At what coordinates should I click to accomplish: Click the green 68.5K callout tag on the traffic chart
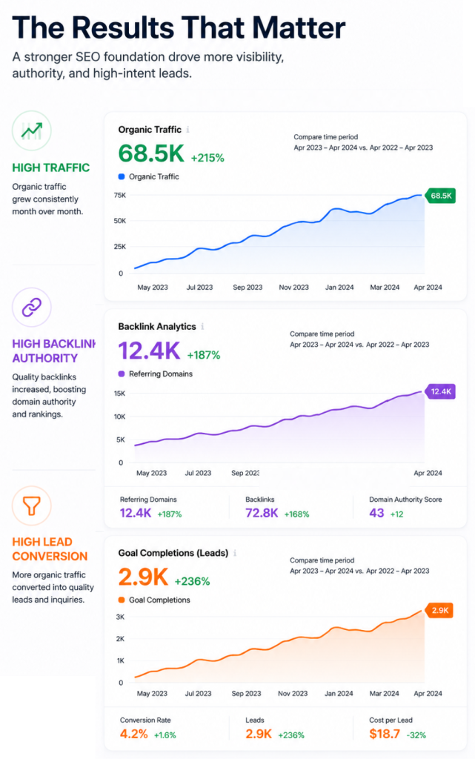point(440,196)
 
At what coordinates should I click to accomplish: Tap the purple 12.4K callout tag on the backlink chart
point(440,391)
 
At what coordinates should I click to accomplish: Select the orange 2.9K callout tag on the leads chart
point(439,610)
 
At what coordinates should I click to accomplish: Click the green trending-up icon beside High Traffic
point(31,130)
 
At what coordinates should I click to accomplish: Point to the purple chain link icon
point(32,307)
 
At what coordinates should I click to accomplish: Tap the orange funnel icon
point(32,506)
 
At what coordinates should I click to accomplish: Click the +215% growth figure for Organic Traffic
point(207,158)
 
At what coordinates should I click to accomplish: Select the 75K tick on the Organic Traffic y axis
point(119,195)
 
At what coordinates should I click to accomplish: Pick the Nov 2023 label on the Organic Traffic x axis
point(293,287)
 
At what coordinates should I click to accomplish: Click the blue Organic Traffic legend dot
point(122,176)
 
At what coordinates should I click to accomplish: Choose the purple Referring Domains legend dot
point(122,374)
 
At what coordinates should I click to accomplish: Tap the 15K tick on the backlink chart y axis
point(119,394)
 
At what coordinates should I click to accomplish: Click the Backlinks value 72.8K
point(262,513)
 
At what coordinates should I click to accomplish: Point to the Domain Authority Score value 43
point(376,513)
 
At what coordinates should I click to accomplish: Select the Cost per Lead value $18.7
point(385,734)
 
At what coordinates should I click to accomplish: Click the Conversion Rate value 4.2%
point(134,734)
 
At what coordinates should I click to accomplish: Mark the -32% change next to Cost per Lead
point(416,735)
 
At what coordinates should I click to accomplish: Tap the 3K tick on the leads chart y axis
point(120,617)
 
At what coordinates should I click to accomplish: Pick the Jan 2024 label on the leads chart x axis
point(339,693)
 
